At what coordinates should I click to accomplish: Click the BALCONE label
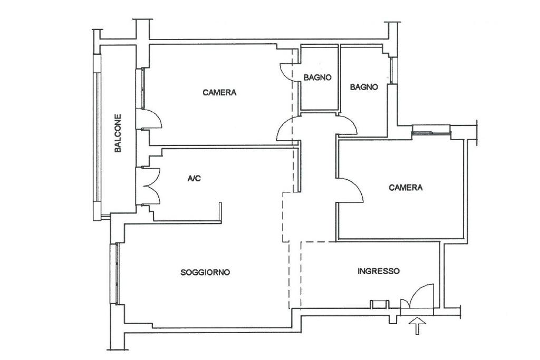118,133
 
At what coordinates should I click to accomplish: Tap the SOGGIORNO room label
205,272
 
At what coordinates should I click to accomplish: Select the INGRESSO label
379,271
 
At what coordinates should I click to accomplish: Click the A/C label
194,178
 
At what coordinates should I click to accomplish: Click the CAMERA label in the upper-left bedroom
219,92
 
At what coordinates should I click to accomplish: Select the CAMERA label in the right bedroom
406,187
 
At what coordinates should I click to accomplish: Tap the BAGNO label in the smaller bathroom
317,77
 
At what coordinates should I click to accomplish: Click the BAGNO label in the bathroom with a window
364,87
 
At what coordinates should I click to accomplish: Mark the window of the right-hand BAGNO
393,71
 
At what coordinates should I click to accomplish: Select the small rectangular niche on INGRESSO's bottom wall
379,304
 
